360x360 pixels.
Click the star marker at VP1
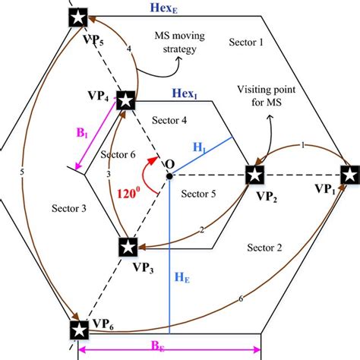point(349,174)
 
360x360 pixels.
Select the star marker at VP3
point(128,247)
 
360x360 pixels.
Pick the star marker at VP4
point(126,99)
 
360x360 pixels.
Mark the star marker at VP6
point(77,330)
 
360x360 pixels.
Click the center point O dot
point(169,175)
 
